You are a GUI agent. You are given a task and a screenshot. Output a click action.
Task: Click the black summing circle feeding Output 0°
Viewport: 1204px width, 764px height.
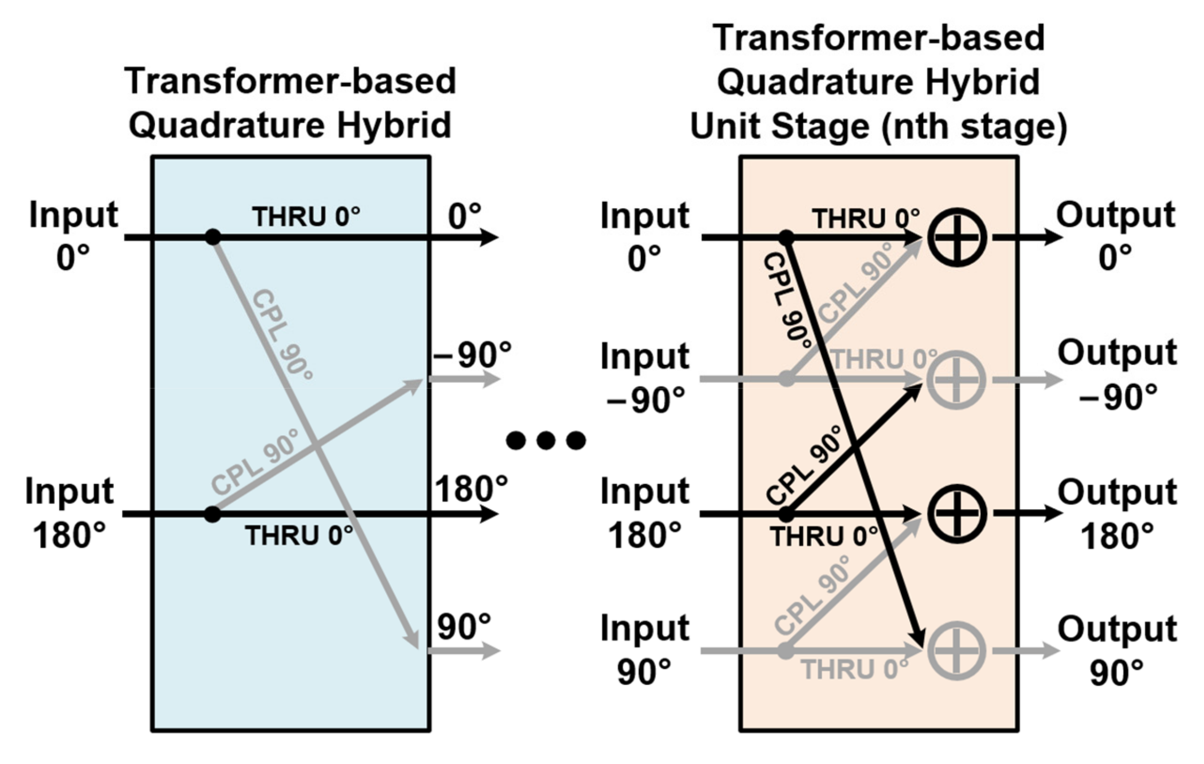[956, 237]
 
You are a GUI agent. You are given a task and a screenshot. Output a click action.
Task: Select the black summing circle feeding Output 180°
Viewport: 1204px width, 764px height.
[956, 514]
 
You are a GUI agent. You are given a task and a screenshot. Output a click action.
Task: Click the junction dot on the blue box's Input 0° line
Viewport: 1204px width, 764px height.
[213, 237]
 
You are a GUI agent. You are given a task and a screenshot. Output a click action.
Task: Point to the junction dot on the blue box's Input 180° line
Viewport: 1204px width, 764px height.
[213, 514]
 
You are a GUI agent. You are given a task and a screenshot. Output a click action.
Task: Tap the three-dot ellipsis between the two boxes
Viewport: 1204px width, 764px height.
[546, 440]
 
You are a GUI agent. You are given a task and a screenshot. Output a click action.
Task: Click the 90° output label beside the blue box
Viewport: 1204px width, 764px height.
[464, 626]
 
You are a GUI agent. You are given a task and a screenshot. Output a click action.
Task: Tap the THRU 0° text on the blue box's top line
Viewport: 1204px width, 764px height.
[306, 217]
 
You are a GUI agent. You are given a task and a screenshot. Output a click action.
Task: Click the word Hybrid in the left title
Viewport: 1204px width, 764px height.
[394, 125]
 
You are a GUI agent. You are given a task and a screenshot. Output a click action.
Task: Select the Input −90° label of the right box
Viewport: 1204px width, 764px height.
[645, 378]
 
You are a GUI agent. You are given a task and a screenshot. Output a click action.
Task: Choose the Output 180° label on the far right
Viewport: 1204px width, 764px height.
[1117, 514]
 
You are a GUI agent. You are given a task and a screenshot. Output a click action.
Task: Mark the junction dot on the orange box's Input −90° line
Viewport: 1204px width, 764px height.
[787, 379]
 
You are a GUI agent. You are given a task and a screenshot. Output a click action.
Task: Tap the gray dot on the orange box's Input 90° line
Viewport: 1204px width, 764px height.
[786, 651]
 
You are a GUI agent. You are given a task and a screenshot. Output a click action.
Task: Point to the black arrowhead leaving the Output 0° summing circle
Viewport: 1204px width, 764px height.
[1052, 237]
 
